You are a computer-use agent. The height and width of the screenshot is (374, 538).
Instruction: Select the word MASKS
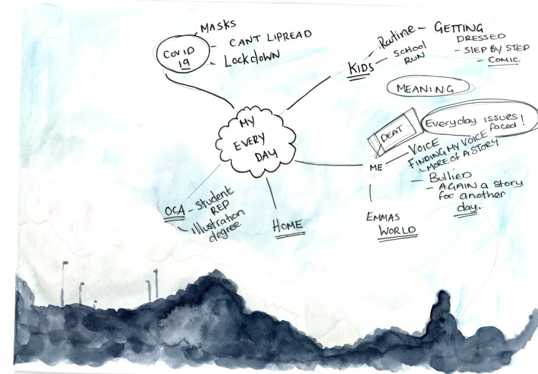pos(218,26)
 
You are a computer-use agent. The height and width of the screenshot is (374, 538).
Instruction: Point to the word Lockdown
pos(252,58)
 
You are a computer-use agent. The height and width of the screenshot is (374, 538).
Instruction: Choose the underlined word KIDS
pos(361,68)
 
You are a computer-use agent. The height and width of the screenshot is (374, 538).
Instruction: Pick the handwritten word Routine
pos(397,36)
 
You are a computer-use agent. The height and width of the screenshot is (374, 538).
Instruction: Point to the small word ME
pos(376,167)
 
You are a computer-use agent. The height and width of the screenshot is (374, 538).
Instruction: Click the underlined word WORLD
pos(398,230)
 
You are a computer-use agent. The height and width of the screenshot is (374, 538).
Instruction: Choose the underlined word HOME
pos(288,225)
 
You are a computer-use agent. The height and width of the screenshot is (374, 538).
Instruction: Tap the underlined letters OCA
pos(175,211)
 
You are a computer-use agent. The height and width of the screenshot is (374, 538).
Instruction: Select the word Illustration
pos(218,222)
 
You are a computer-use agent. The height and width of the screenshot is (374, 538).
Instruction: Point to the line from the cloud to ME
pos(329,164)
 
